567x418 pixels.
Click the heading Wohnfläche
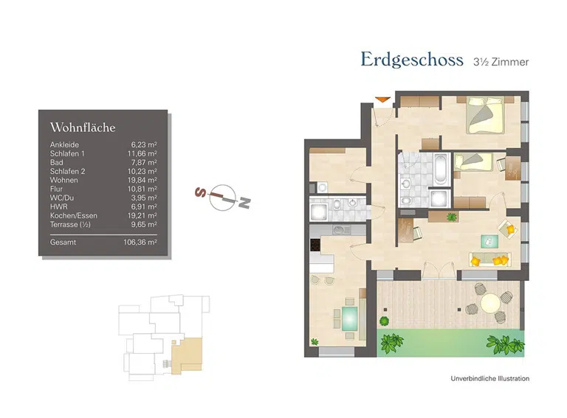(83, 128)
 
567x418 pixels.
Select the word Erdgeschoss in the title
(411, 60)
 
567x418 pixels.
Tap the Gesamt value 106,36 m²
(140, 241)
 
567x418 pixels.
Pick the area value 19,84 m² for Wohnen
(143, 180)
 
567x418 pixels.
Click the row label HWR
(58, 206)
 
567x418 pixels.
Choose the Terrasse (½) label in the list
(70, 224)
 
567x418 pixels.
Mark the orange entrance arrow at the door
(382, 100)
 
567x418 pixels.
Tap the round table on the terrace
(490, 303)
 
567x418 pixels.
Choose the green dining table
(348, 318)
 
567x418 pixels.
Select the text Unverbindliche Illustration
(489, 379)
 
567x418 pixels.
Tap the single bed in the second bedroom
(473, 161)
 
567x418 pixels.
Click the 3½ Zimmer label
(501, 62)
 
